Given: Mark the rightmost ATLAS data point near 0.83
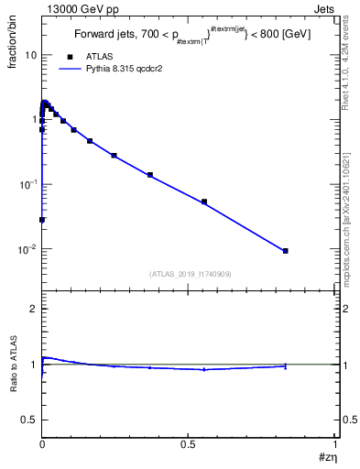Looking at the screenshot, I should (x=286, y=251).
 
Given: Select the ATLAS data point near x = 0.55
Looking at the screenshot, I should (x=204, y=202).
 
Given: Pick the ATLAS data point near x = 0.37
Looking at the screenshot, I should (x=150, y=175).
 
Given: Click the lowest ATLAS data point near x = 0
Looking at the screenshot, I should (x=42, y=220).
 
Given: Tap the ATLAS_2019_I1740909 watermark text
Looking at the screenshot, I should (x=189, y=274).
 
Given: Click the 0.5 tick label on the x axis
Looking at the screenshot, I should (x=189, y=443).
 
